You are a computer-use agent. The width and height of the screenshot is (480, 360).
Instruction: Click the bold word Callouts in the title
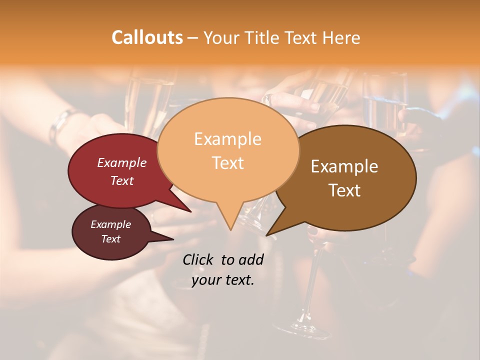pos(147,37)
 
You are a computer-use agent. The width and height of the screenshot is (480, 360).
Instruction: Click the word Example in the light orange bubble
pos(227,139)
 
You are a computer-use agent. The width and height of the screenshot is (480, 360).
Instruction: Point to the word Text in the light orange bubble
pos(227,163)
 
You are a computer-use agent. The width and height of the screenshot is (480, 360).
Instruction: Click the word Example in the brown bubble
pos(344,166)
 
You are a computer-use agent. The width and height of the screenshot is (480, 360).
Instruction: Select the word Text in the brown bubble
pos(344,190)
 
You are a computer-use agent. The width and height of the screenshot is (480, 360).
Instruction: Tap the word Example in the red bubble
pos(122,162)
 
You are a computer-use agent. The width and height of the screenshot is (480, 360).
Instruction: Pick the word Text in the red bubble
pos(122,180)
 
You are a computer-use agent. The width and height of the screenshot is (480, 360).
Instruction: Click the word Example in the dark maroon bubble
pos(110,224)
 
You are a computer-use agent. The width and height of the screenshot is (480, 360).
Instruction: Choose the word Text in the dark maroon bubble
pos(110,239)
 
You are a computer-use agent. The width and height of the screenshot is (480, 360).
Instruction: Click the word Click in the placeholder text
pos(199,259)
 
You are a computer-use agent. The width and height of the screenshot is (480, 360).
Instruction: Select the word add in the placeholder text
pos(251,259)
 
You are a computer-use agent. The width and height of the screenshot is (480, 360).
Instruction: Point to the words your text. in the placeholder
pos(223,280)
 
